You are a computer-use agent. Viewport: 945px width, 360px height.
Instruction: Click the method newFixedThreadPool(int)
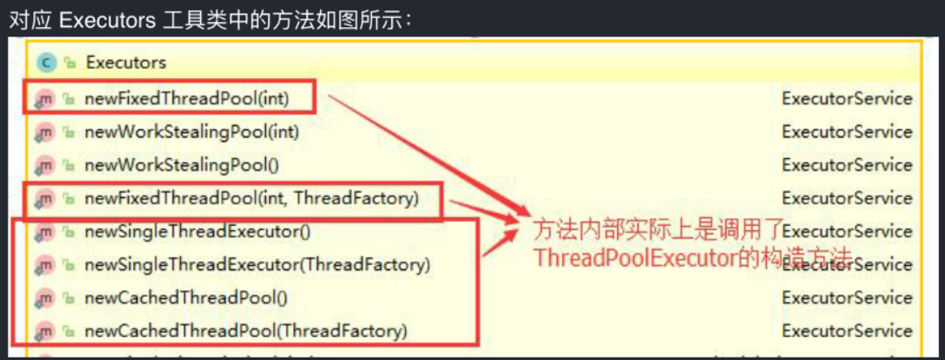click(187, 98)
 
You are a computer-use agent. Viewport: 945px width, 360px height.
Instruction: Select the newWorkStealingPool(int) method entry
click(191, 132)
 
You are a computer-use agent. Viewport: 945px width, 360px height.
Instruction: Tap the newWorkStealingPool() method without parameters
click(182, 165)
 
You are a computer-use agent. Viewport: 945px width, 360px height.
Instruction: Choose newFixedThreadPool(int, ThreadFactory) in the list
click(251, 198)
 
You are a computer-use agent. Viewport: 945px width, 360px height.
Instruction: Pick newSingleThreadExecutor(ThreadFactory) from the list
click(257, 264)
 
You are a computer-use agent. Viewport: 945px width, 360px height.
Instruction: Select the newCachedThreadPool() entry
click(187, 298)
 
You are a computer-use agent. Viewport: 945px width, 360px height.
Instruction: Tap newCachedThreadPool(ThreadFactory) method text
click(245, 330)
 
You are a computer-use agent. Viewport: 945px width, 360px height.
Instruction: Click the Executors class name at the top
click(126, 62)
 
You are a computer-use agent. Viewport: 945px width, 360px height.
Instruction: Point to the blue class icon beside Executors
click(46, 62)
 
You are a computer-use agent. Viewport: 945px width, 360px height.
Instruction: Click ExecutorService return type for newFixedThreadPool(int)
click(847, 98)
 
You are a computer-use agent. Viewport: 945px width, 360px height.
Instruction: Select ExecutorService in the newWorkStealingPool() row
click(847, 165)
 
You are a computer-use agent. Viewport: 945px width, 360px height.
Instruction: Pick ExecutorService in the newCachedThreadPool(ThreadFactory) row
click(847, 330)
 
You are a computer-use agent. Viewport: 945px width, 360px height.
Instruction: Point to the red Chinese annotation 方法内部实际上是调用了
click(655, 230)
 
